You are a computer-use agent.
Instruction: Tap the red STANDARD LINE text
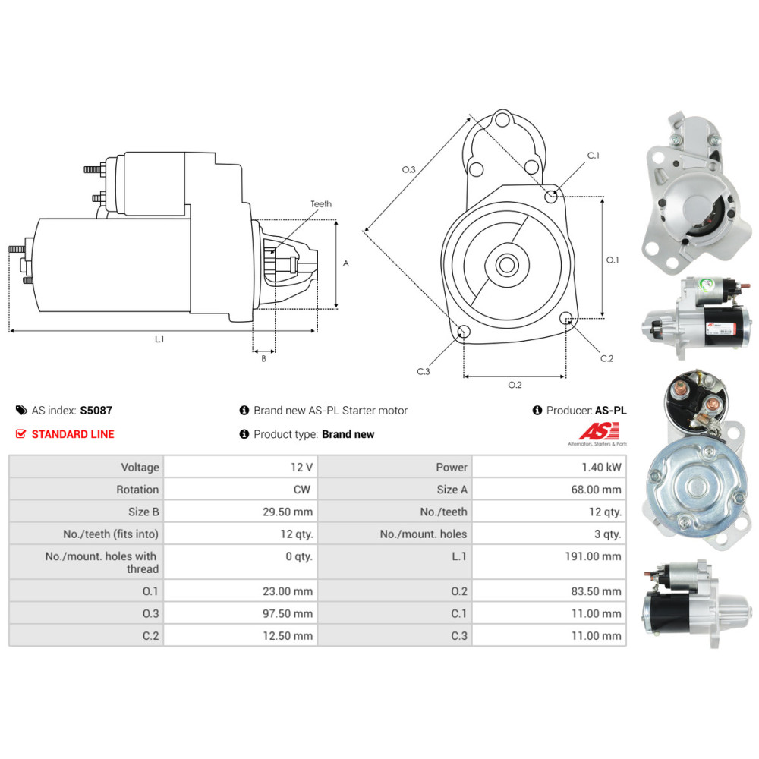pyautogui.click(x=73, y=434)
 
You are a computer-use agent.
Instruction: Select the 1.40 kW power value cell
pyautogui.click(x=599, y=468)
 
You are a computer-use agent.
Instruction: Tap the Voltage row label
pyautogui.click(x=140, y=468)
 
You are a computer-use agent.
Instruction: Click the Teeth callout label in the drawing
pyautogui.click(x=321, y=204)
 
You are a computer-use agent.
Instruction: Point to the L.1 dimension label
pyautogui.click(x=159, y=339)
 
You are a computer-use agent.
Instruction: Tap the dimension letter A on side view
pyautogui.click(x=345, y=263)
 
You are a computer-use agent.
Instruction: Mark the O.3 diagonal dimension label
pyautogui.click(x=408, y=169)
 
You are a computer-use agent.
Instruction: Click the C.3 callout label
pyautogui.click(x=424, y=371)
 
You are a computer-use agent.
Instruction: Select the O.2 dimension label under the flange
pyautogui.click(x=515, y=385)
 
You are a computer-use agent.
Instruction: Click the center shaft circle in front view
pyautogui.click(x=506, y=265)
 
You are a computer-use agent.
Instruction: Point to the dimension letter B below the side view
pyautogui.click(x=263, y=359)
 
